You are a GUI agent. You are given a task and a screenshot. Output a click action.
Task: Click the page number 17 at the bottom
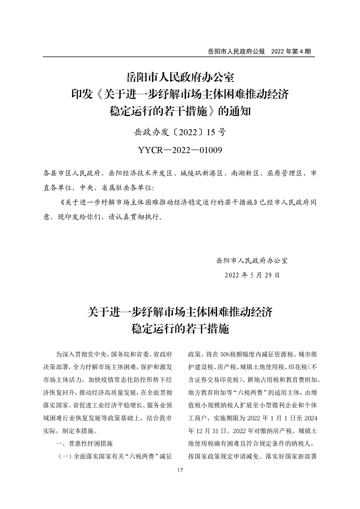pos(180,471)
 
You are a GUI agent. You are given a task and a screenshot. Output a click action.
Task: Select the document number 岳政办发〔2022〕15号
pos(180,132)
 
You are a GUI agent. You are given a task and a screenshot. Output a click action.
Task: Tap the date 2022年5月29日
pos(253,275)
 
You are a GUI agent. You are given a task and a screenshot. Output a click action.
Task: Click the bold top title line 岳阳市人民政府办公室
pos(180,77)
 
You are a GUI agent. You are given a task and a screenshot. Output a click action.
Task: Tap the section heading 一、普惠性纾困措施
pos(84,443)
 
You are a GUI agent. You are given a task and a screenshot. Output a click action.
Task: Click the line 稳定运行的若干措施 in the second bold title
pos(180,329)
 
